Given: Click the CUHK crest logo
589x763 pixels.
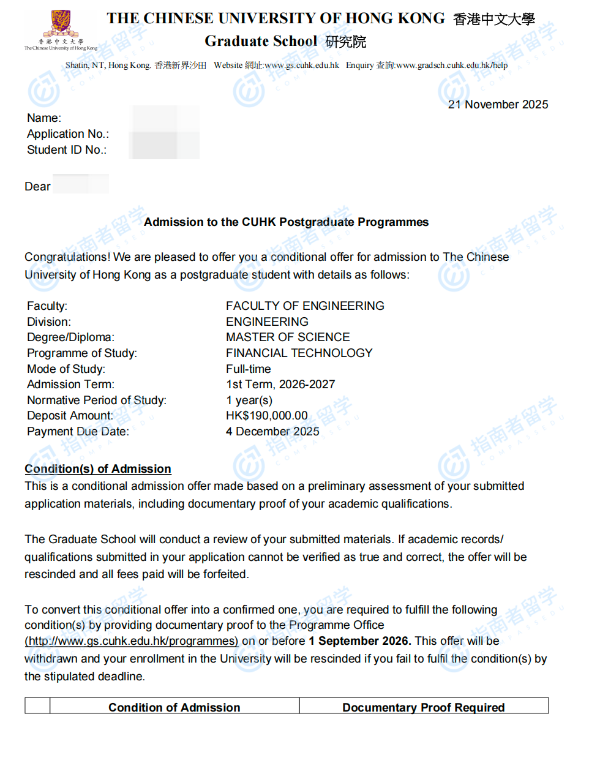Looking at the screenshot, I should pos(60,23).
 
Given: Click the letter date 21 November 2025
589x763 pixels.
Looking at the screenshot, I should pos(498,105).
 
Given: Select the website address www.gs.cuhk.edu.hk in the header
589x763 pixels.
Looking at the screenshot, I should pos(302,66).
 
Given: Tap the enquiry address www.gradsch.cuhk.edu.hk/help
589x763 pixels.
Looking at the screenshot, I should pos(451,66).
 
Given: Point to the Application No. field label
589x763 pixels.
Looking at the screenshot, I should pos(68,134).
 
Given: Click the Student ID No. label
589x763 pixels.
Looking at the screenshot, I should pos(67,150).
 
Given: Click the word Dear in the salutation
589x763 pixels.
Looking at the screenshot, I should pos(37,187).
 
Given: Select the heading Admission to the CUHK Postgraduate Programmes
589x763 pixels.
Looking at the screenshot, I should pos(286,222).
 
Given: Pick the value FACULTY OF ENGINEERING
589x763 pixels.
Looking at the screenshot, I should pos(305,306).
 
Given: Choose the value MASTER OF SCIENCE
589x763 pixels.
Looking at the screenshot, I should pos(288,337).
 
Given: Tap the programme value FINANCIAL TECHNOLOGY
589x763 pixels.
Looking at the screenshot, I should pos(299,353).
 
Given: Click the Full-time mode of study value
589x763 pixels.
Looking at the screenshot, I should pos(248,369).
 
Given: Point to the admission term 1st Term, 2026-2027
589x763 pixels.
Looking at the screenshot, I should pos(280,385).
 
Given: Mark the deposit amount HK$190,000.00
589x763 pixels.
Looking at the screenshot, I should pos(266,416).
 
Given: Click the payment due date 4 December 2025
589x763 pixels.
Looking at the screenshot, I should pos(272,432).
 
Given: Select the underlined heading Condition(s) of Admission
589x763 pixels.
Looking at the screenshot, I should pos(98,469).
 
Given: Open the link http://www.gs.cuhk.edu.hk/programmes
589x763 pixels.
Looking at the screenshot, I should pos(131,641).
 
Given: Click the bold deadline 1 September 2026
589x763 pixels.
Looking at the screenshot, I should pos(359,641).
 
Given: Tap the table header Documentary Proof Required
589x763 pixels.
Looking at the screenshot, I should pos(423,707).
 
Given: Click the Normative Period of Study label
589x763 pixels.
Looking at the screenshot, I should pos(97,400).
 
